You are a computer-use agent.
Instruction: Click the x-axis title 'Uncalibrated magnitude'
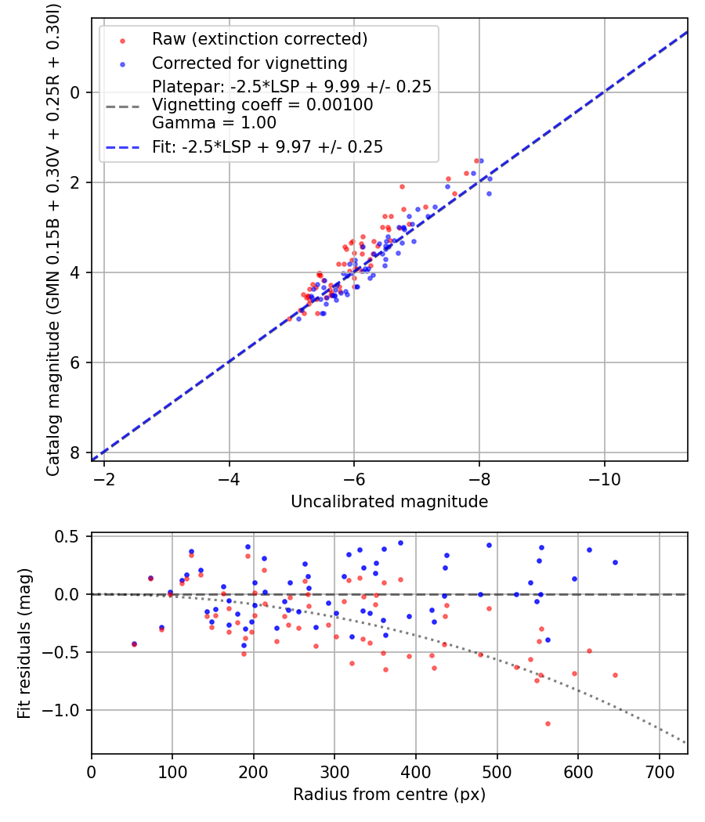click(x=389, y=502)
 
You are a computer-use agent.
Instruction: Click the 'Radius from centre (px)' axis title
click(x=389, y=795)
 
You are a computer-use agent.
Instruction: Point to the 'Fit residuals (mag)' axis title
click(x=24, y=644)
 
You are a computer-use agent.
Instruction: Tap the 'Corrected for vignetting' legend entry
click(x=250, y=63)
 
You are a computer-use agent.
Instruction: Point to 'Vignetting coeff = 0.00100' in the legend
click(x=262, y=105)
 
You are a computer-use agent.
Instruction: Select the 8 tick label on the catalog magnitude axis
click(x=76, y=452)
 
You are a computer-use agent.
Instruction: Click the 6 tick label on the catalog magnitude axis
click(x=76, y=362)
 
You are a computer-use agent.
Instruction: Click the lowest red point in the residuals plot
click(x=548, y=723)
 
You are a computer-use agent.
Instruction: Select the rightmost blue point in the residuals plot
click(x=615, y=562)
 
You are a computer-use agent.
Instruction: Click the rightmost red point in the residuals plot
click(x=615, y=675)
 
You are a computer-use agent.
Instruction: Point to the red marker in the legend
click(x=122, y=40)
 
